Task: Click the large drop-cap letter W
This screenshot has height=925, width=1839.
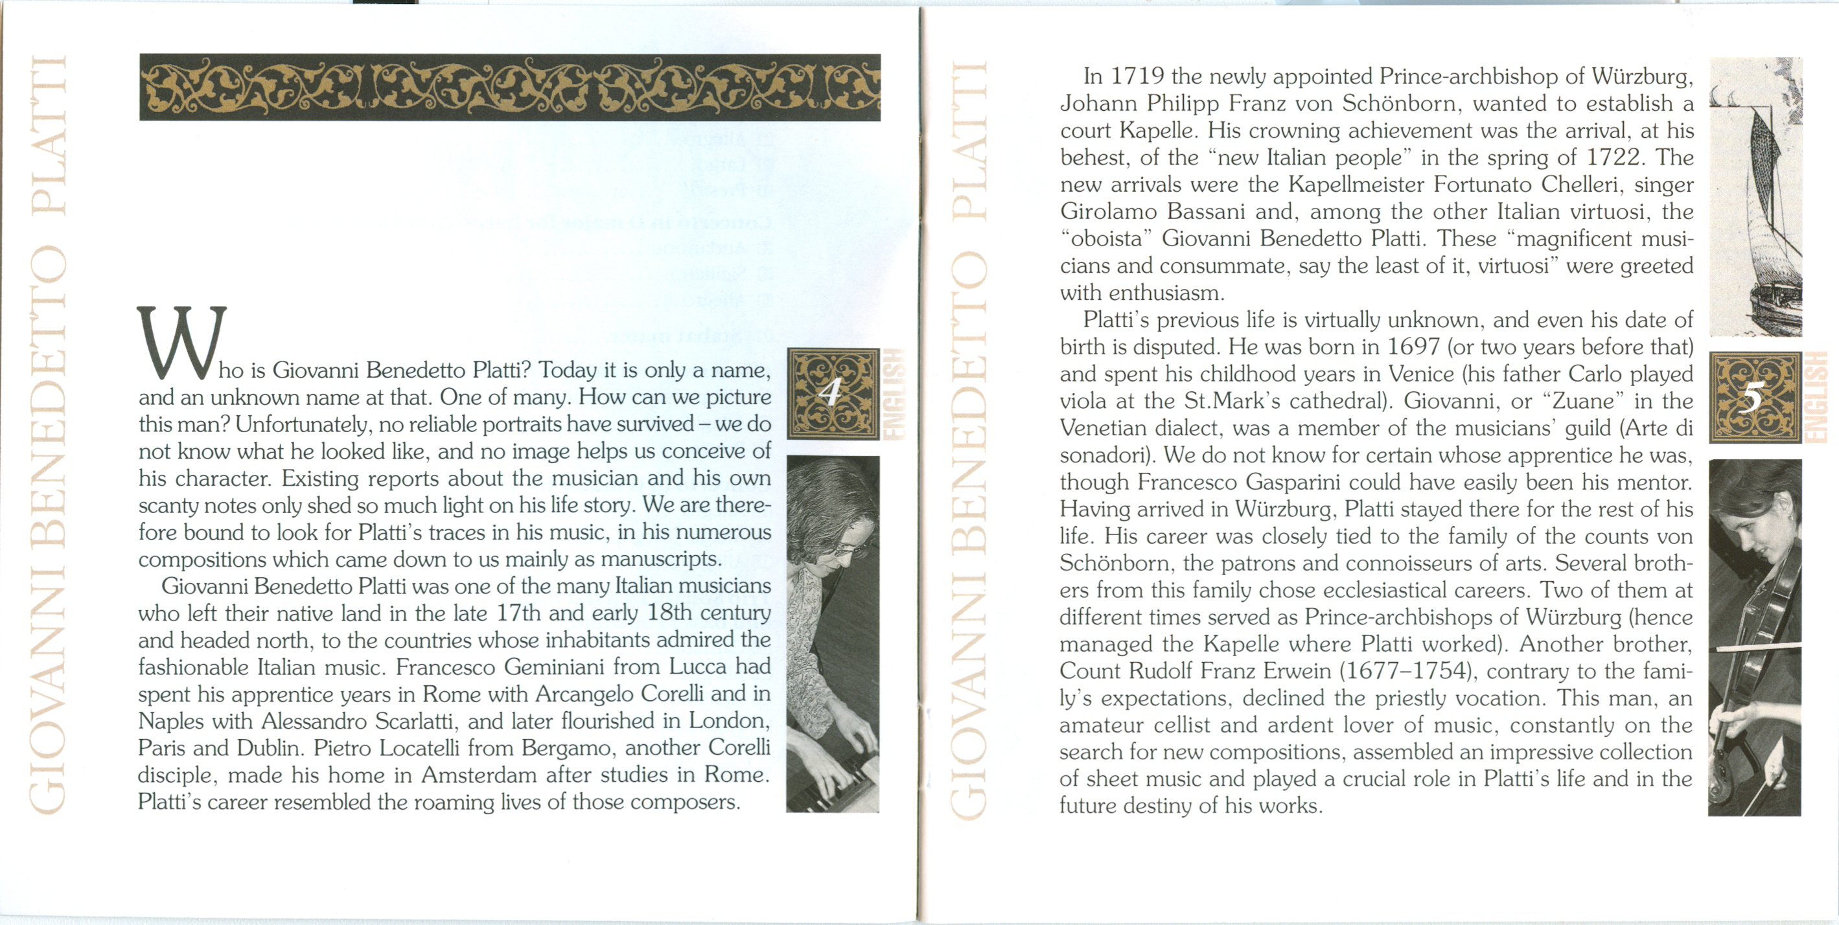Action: [x=181, y=343]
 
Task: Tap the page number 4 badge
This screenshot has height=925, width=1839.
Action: [x=833, y=393]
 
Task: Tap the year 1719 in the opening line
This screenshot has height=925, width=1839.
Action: [x=1138, y=76]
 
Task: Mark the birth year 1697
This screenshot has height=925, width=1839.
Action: [x=1413, y=347]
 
